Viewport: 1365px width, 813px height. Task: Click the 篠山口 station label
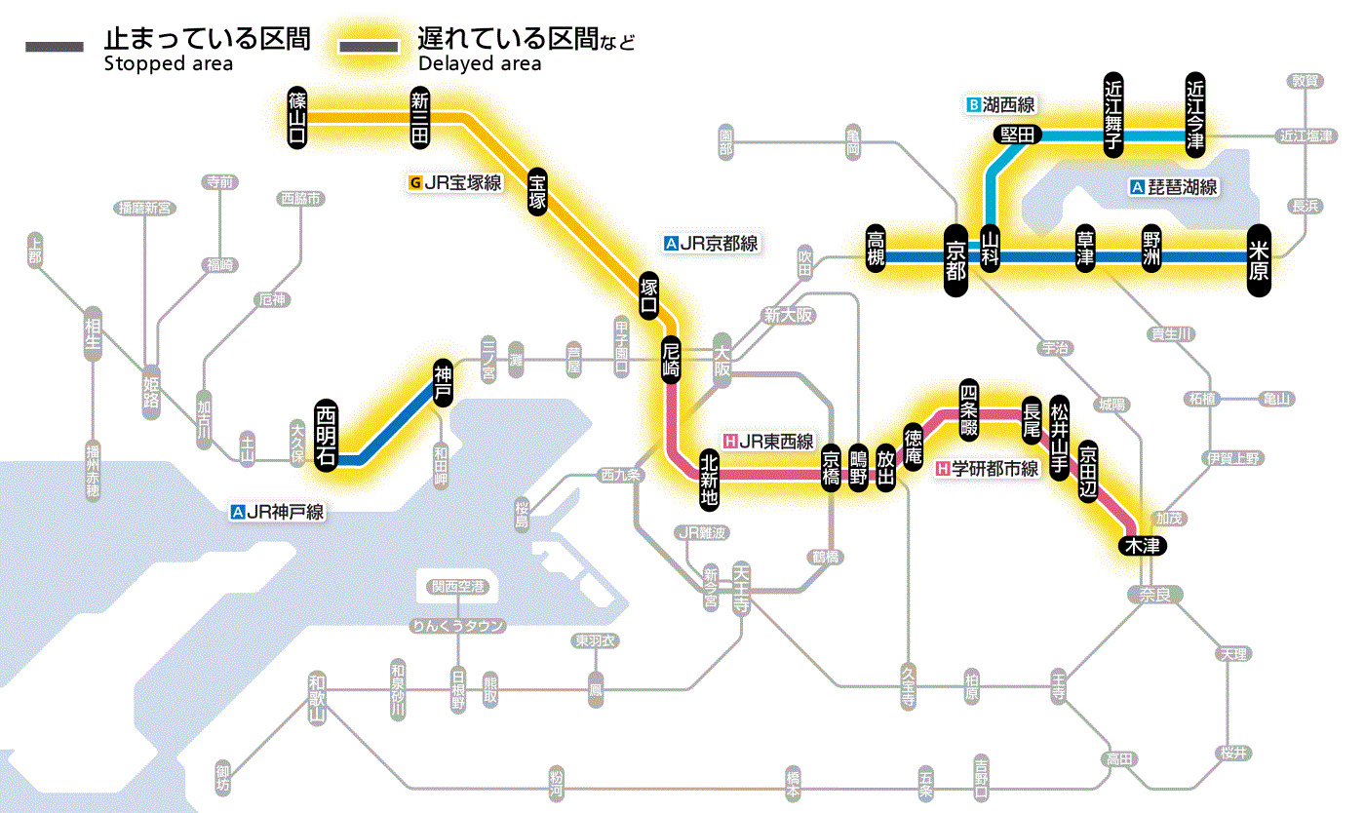(x=297, y=117)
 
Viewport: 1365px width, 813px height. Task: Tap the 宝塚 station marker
(x=537, y=191)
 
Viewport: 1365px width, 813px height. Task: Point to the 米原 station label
(x=1259, y=259)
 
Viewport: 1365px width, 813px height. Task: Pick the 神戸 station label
(x=443, y=381)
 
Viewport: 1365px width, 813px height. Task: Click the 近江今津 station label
(x=1195, y=113)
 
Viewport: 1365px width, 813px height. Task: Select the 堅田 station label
(x=1018, y=135)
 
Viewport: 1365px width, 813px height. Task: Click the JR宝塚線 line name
(x=457, y=181)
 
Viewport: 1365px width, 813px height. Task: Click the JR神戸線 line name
(x=278, y=511)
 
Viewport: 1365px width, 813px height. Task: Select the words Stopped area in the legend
(x=169, y=64)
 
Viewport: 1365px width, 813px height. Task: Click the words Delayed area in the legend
(x=480, y=64)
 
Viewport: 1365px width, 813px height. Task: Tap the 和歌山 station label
(x=316, y=697)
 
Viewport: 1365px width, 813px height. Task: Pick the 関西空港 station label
(x=457, y=587)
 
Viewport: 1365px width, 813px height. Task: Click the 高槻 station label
(x=877, y=249)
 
